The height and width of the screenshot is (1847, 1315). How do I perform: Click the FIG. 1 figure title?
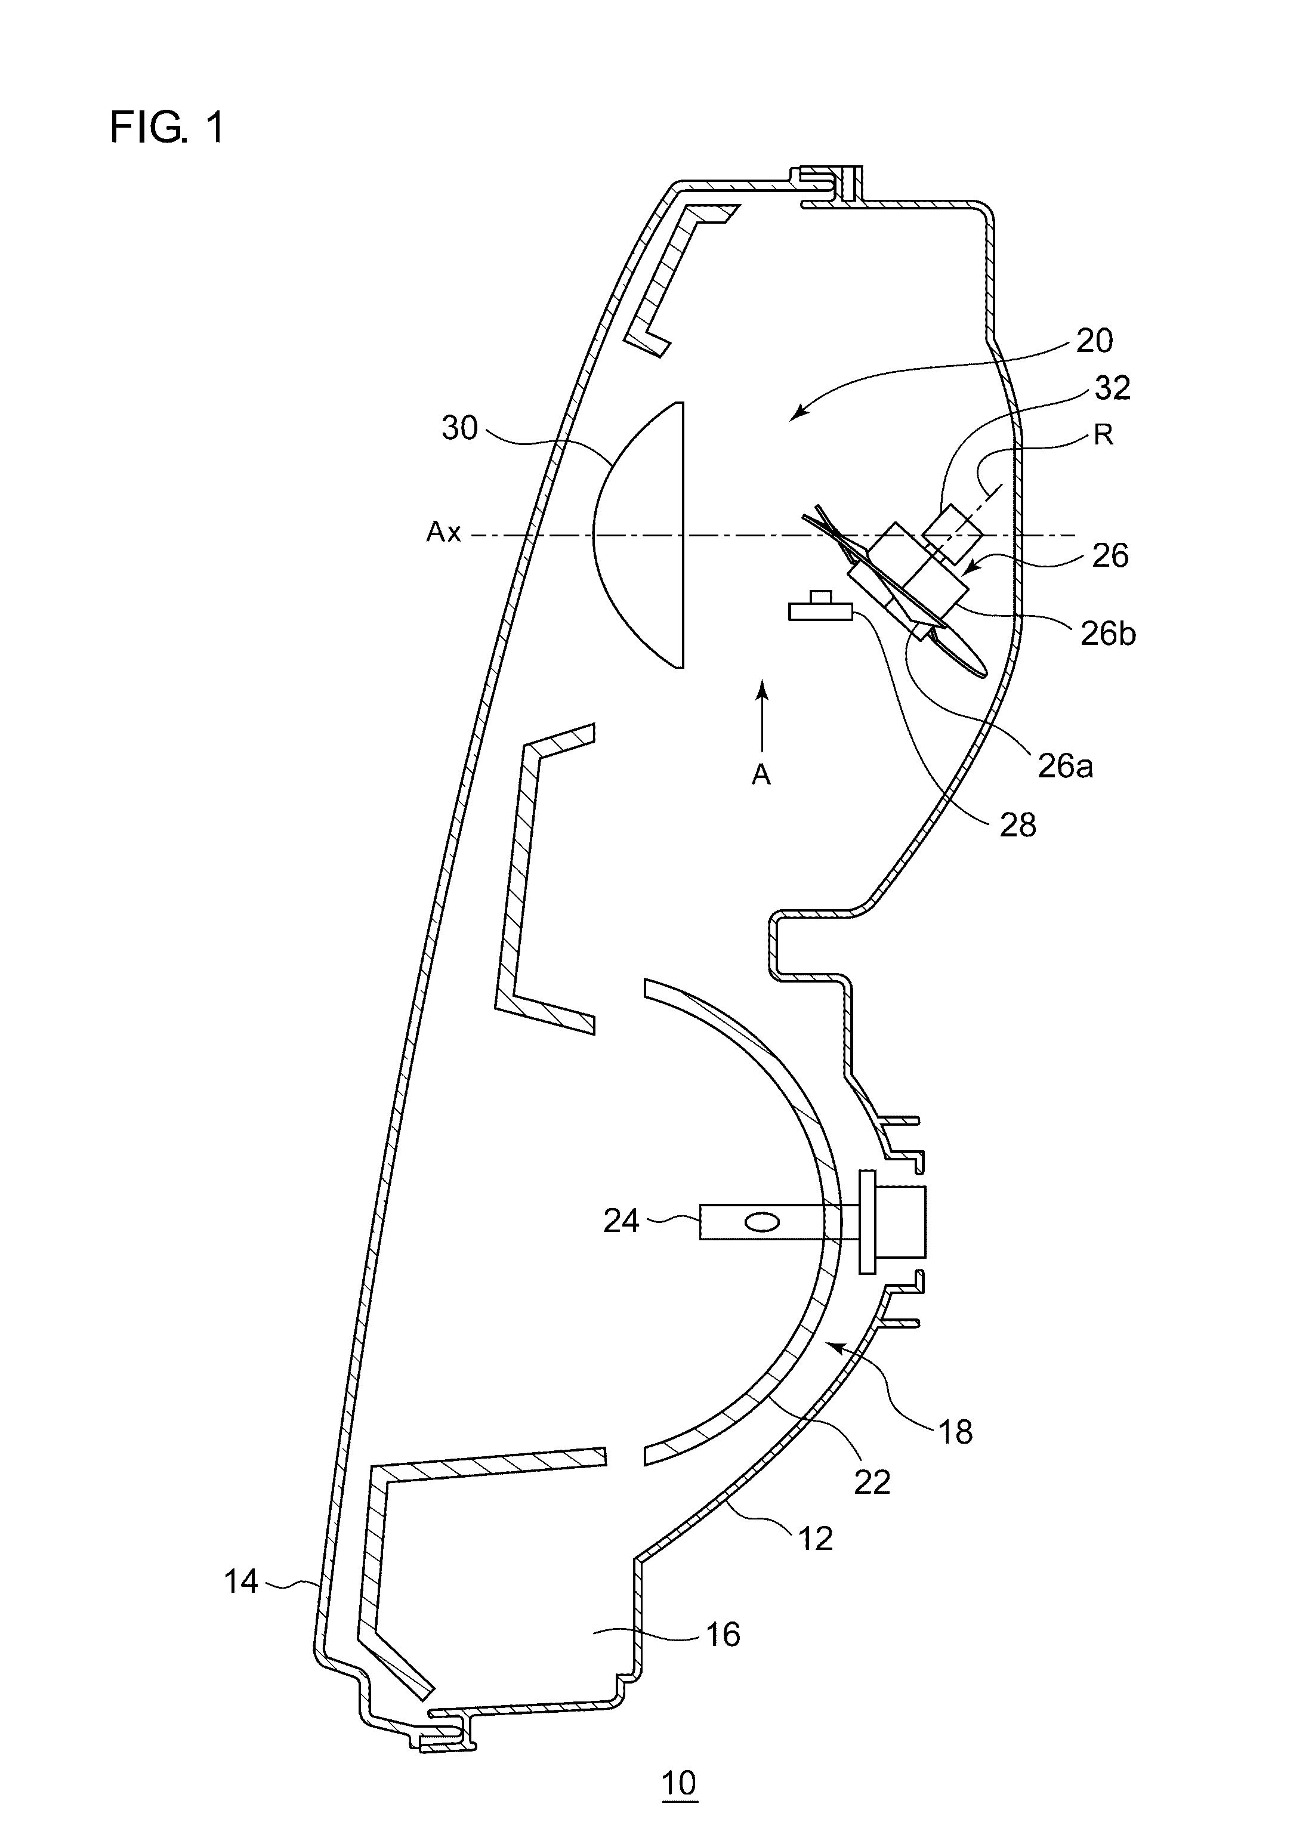167,128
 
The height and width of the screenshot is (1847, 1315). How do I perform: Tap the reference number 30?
459,428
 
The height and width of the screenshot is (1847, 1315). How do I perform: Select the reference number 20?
1094,341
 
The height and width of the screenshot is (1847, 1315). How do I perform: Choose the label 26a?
1066,765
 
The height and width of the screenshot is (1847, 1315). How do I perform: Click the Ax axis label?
444,532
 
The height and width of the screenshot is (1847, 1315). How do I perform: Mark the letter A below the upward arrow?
761,775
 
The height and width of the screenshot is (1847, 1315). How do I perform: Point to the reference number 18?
955,1432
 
